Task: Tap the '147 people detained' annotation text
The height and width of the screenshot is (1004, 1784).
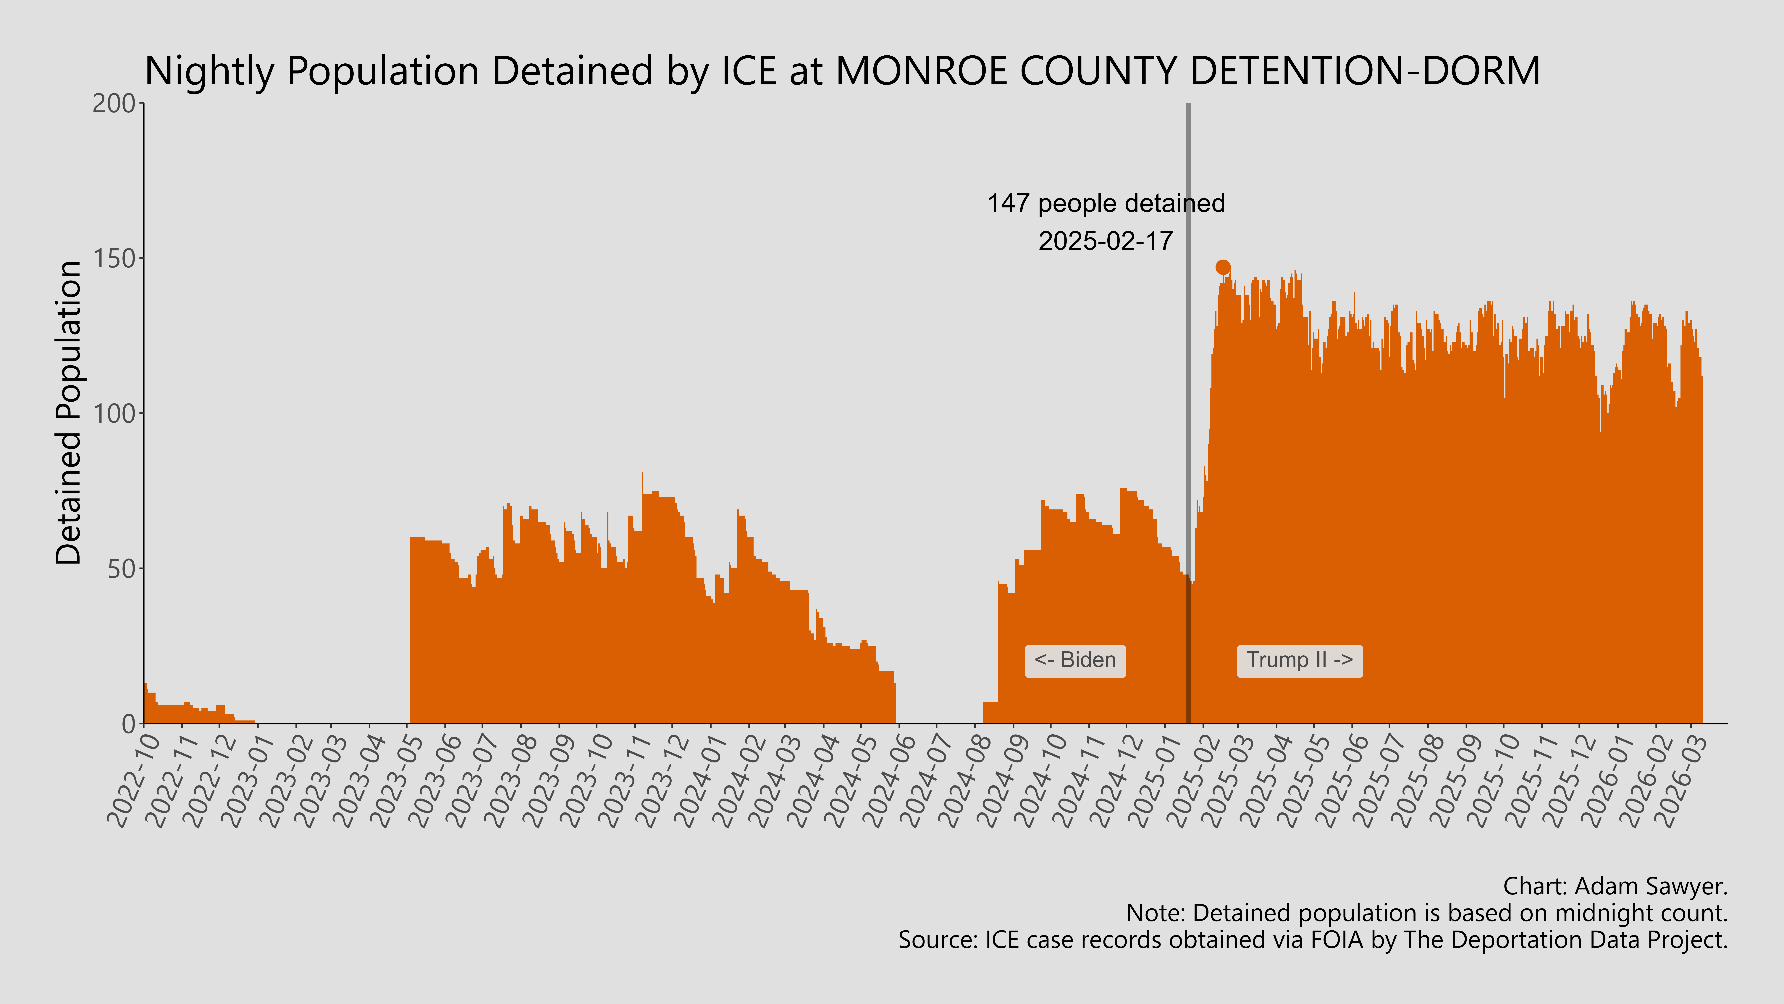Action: point(1106,203)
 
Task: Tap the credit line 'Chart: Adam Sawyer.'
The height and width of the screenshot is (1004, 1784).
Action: point(1615,886)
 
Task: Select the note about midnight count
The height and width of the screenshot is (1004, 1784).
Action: point(1427,913)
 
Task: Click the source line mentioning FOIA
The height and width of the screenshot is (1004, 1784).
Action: point(1312,940)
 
